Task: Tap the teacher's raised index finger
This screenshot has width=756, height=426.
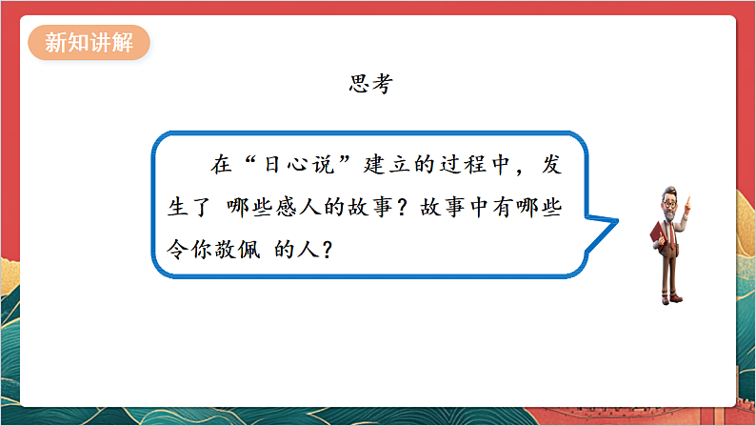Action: pos(688,203)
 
